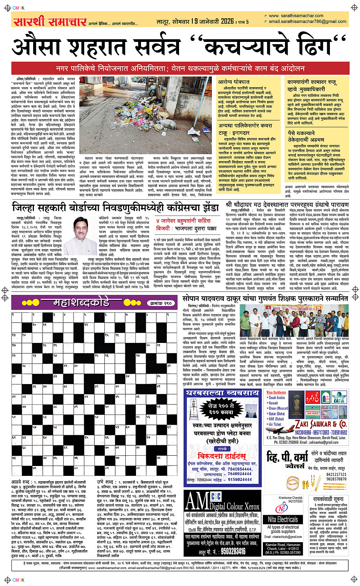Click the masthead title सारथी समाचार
coord(50,21)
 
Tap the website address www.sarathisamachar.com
coord(296,16)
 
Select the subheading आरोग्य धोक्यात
coord(234,82)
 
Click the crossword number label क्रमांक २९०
coord(161,303)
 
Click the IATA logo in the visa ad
coord(338,398)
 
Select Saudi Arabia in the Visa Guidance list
coord(277,398)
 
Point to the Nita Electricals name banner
coord(283,519)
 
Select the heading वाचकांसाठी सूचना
coord(328,499)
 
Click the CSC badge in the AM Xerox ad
coord(216,496)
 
